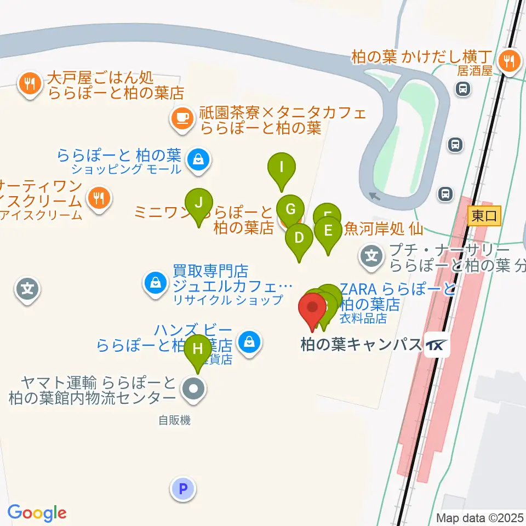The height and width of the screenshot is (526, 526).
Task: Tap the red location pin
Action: pyautogui.click(x=313, y=310)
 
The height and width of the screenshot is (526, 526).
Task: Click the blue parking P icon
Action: pyautogui.click(x=183, y=488)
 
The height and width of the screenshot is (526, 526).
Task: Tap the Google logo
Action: pyautogui.click(x=37, y=512)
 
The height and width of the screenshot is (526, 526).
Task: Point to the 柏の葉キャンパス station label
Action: pyautogui.click(x=361, y=345)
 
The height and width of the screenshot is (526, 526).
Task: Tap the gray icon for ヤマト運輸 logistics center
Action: pyautogui.click(x=192, y=390)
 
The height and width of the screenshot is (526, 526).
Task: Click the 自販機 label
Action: pyautogui.click(x=174, y=420)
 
